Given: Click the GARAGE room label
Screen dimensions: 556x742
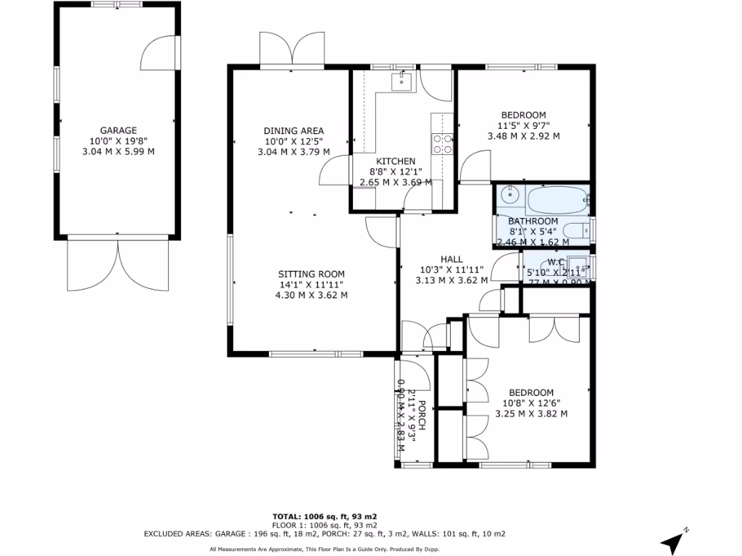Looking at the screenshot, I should pos(118,130).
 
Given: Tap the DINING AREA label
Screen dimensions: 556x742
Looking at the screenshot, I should pos(293,131).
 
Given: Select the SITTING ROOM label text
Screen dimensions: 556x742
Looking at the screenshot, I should pos(312,274).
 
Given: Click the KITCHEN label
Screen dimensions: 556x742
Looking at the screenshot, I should pos(396,161).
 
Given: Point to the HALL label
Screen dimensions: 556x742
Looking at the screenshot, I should pos(451,259).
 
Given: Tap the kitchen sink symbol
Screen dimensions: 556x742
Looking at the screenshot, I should pos(401,81).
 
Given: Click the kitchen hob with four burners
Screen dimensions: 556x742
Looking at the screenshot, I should pos(442,144).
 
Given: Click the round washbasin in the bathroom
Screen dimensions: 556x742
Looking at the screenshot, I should pos(509,194).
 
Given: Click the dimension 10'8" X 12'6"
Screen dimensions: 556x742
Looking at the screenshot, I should pos(531,403).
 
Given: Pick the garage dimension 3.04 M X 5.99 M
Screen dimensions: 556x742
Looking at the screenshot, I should pos(118,151).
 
